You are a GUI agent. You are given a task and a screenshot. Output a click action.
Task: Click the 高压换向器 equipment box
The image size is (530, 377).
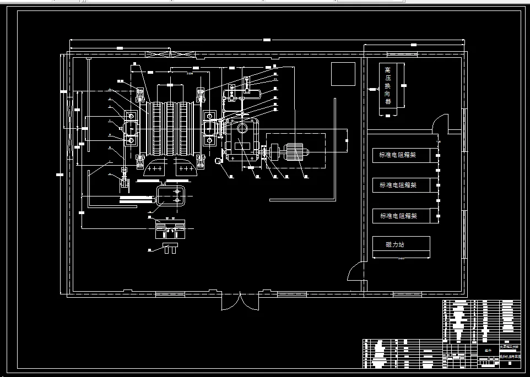click(x=388, y=87)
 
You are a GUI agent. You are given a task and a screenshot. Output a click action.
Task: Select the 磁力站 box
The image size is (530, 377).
click(x=394, y=244)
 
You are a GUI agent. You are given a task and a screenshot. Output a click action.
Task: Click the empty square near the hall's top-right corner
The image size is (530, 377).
click(x=343, y=74)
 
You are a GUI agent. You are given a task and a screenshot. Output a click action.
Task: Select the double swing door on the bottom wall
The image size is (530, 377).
click(x=239, y=302)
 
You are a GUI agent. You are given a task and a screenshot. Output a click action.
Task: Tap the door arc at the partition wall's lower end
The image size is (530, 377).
click(x=355, y=272)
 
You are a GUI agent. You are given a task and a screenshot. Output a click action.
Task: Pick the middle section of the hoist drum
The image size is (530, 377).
click(x=171, y=128)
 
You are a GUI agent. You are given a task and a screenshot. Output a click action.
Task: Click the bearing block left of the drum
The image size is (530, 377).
click(x=131, y=128)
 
